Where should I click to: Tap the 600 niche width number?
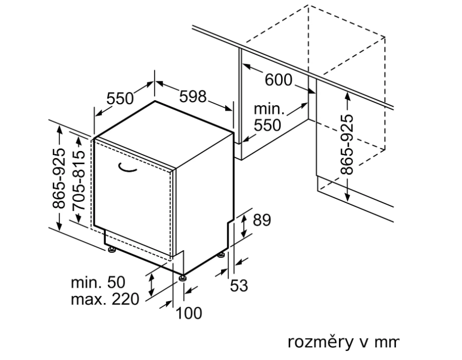pos(279,80)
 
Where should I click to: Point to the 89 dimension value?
pos(262,220)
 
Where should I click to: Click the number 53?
pos(239,286)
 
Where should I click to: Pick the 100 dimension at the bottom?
pos(189,313)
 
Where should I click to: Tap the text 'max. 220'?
pos(105,298)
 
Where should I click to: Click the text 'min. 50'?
pos(98,282)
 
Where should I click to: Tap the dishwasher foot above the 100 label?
pos(182,278)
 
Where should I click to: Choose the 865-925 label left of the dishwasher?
pos(59,178)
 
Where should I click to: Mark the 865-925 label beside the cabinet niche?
pos(347,144)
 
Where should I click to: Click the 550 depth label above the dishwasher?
pos(119,99)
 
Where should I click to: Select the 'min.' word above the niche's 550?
pos(270,109)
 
